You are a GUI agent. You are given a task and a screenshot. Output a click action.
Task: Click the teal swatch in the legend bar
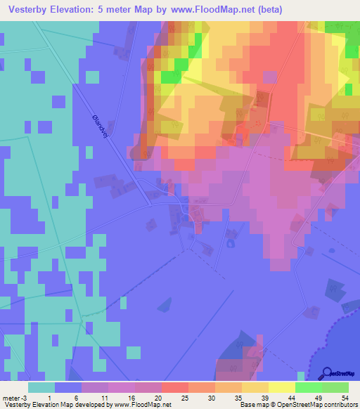(x=41, y=387)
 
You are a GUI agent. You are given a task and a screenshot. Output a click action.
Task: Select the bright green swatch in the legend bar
(x=309, y=387)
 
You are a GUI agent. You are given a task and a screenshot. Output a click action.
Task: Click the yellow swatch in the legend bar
(x=282, y=387)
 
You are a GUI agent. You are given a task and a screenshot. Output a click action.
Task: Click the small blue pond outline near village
(x=230, y=243)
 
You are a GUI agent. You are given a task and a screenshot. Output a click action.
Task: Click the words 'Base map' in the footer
(x=252, y=405)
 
